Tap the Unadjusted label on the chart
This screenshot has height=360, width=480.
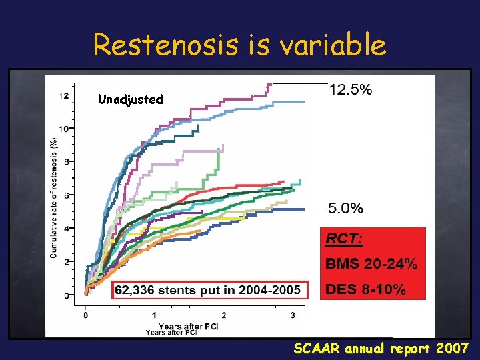coord(130,99)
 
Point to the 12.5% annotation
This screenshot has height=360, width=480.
coord(351,90)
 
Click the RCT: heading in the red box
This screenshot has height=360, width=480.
coord(344,237)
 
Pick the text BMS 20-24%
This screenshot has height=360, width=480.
coord(371,263)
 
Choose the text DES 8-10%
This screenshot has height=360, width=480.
coord(365,289)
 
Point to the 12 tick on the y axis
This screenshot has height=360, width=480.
coord(63,95)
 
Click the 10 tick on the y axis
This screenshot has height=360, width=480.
coord(63,128)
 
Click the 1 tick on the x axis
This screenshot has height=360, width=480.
coord(154,315)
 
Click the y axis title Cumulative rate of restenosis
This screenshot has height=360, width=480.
coord(53,197)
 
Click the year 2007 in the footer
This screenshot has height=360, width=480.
coord(451,347)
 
